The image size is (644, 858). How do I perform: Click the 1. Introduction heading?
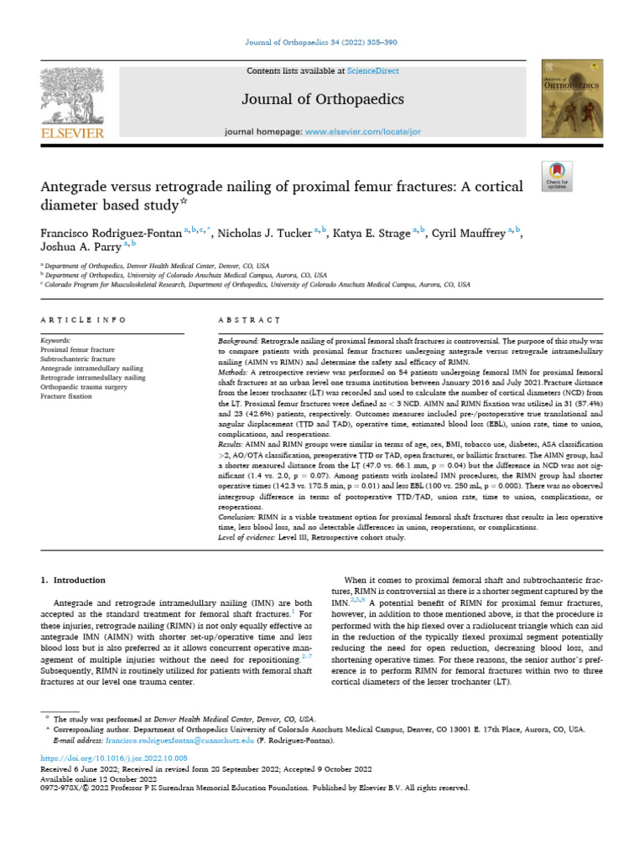point(74,580)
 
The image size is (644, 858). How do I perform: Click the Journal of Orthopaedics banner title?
point(323,100)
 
